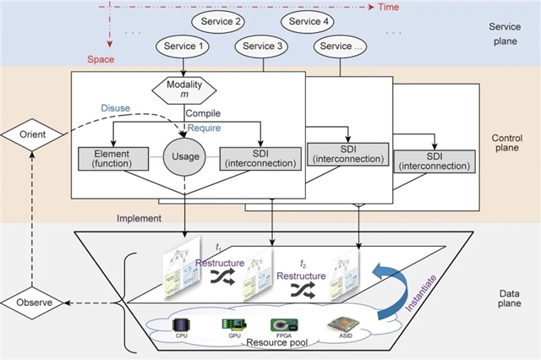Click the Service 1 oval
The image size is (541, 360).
[x=180, y=47]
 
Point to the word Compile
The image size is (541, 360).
[x=203, y=112]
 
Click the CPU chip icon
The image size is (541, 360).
[x=181, y=325]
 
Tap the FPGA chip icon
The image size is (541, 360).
[x=282, y=325]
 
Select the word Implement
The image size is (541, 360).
[x=140, y=219]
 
